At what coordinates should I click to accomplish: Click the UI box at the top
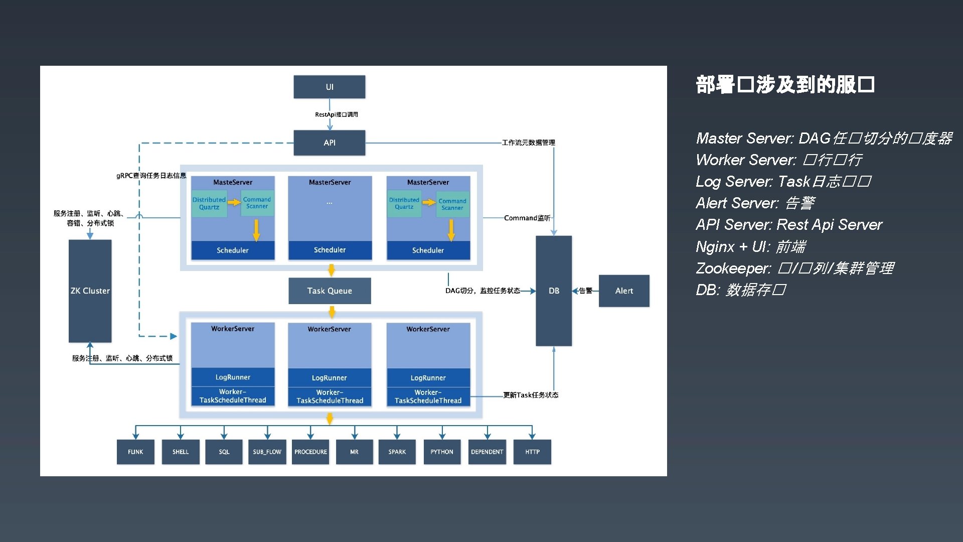click(329, 87)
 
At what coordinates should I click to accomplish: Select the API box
click(329, 143)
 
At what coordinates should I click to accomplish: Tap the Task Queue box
click(330, 291)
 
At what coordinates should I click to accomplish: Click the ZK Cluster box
click(90, 291)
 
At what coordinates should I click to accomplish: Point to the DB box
click(554, 291)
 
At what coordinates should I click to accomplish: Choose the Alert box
click(624, 291)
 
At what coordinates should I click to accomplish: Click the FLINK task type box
click(135, 452)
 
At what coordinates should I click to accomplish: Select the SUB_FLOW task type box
click(267, 452)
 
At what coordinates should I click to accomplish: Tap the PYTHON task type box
click(441, 452)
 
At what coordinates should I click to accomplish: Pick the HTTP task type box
click(532, 452)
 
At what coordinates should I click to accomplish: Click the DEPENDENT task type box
click(487, 452)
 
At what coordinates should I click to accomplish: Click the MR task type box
click(354, 452)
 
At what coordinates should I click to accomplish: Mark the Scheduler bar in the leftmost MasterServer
click(233, 250)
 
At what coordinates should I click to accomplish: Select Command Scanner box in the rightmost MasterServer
click(452, 204)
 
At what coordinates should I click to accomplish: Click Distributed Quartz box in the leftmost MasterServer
click(209, 203)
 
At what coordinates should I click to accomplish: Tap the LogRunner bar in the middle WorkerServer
click(330, 378)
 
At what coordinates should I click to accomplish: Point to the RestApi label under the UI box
click(336, 114)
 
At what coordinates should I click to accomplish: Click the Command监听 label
click(527, 218)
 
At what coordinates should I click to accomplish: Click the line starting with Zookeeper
click(794, 268)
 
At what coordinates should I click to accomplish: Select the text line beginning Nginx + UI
click(750, 247)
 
